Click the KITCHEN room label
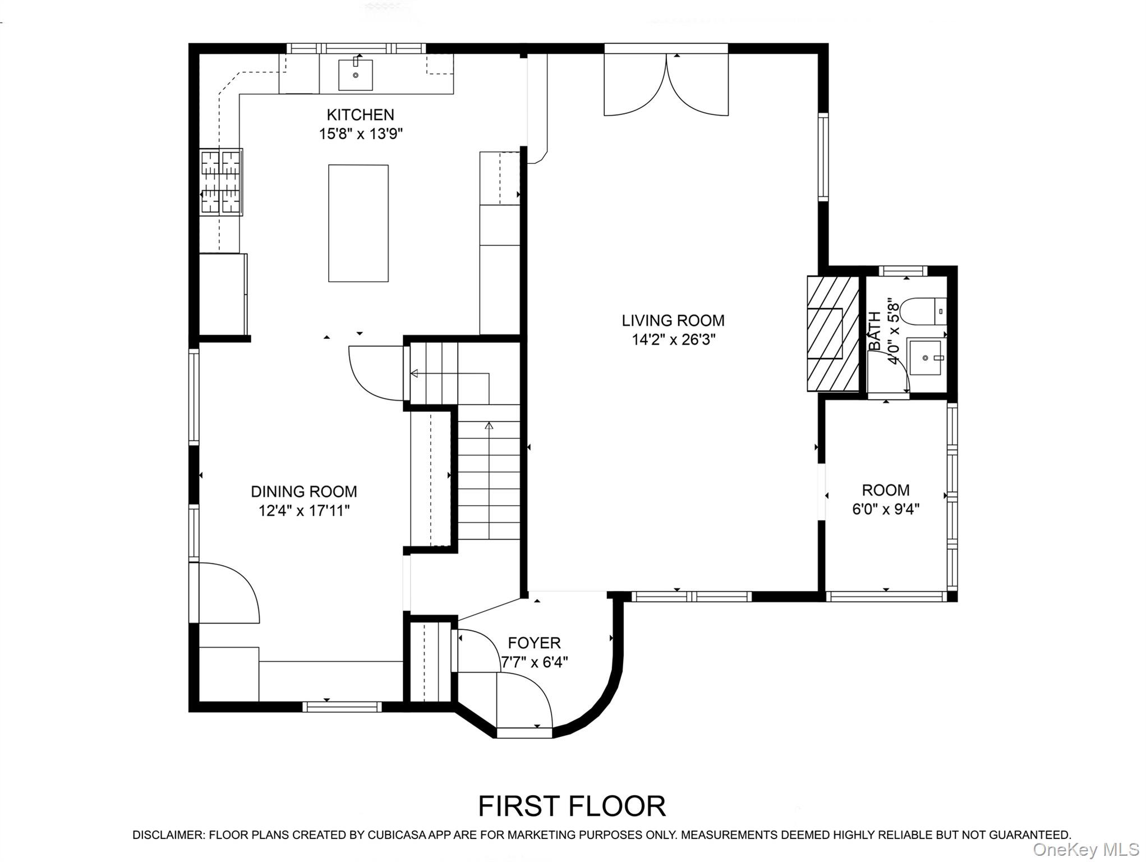point(360,115)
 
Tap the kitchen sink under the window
point(355,75)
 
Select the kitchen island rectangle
point(358,223)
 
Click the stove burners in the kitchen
point(221,182)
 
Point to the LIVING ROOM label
point(673,320)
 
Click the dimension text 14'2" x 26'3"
point(673,340)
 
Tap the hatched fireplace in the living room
point(832,333)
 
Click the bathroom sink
point(926,357)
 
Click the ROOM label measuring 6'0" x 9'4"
point(885,490)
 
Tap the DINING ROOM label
point(303,492)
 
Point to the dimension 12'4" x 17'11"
point(303,511)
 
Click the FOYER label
point(534,643)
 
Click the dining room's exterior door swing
point(227,592)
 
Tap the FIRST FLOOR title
point(572,806)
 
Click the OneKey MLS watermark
point(1085,850)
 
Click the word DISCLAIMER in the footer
point(168,835)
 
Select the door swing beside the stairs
point(375,373)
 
